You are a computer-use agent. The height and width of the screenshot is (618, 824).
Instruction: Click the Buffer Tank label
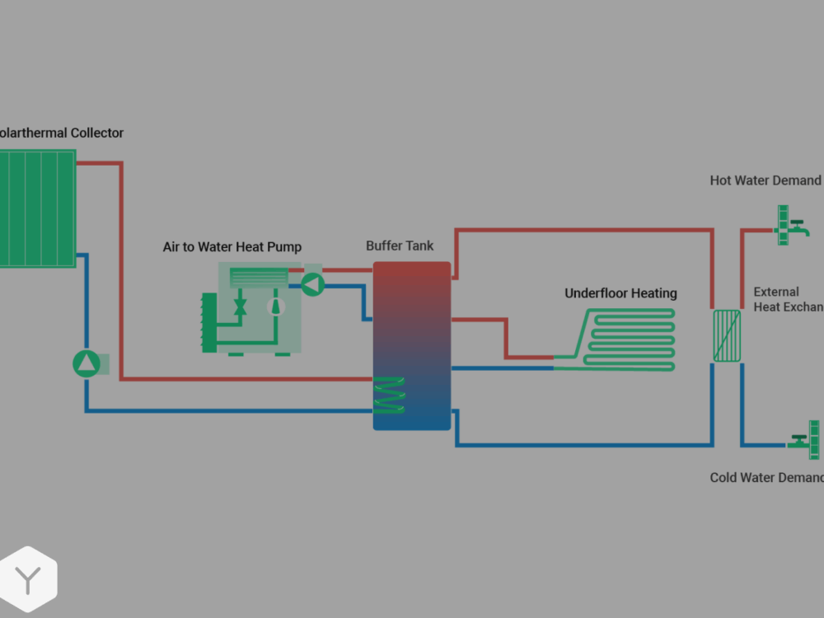pos(400,246)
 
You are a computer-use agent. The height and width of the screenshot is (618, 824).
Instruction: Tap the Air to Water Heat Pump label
pos(232,247)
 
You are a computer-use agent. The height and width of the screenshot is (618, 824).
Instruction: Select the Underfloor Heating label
pos(620,293)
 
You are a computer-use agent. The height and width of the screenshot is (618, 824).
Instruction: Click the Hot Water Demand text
pos(765,180)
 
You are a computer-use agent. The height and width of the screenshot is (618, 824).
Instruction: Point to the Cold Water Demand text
pos(766,478)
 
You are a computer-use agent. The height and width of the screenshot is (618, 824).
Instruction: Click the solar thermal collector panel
pos(37,208)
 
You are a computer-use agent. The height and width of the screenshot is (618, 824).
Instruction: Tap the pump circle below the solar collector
pos(87,363)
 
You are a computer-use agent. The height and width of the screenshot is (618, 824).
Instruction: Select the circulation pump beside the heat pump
pos(312,283)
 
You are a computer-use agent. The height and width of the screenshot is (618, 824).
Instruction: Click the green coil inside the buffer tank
pos(389,396)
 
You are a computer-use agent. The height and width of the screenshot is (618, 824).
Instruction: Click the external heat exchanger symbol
pos(727,335)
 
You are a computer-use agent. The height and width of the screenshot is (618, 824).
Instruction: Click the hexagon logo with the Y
pos(28,579)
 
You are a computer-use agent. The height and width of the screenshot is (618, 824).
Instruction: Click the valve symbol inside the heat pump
pos(241,307)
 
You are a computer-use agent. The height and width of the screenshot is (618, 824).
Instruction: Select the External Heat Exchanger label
pos(788,299)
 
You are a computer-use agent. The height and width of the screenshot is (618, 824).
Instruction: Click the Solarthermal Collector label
pos(61,133)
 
